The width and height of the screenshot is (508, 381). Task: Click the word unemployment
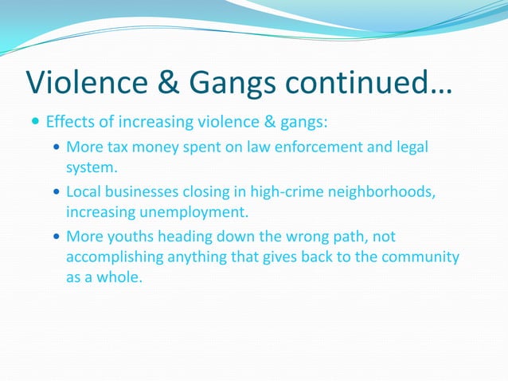coord(180,212)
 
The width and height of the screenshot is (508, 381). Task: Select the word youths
coord(123,237)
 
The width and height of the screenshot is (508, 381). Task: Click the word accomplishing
coord(107,257)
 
